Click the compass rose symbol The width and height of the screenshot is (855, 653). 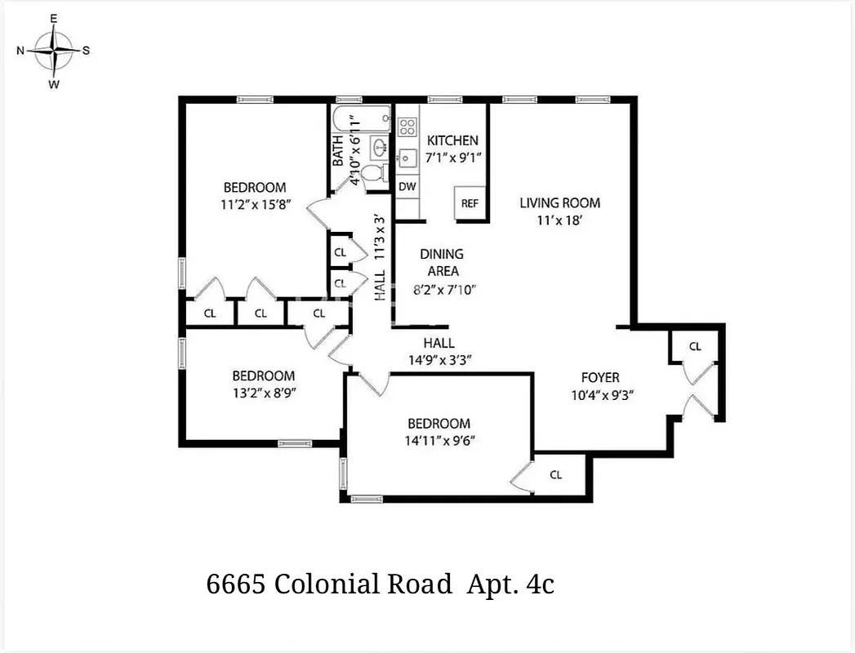pyautogui.click(x=55, y=51)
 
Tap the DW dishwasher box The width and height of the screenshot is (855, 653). pyautogui.click(x=407, y=187)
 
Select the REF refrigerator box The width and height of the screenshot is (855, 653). pyautogui.click(x=470, y=203)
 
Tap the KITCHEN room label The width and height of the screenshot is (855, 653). pyautogui.click(x=452, y=140)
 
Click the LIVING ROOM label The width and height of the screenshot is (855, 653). pyautogui.click(x=559, y=202)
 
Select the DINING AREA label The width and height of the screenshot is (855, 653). pyautogui.click(x=443, y=262)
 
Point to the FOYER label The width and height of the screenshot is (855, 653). pyautogui.click(x=599, y=377)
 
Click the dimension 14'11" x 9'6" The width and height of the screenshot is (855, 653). pyautogui.click(x=439, y=440)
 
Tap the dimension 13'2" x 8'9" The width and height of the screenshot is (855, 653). pyautogui.click(x=263, y=392)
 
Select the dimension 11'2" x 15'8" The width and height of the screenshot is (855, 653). pyautogui.click(x=255, y=205)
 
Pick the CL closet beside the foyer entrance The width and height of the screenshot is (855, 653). pyautogui.click(x=695, y=346)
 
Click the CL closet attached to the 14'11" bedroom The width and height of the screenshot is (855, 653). pyautogui.click(x=555, y=474)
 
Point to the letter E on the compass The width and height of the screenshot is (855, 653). pyautogui.click(x=55, y=18)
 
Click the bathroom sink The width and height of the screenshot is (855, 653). pyautogui.click(x=379, y=148)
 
